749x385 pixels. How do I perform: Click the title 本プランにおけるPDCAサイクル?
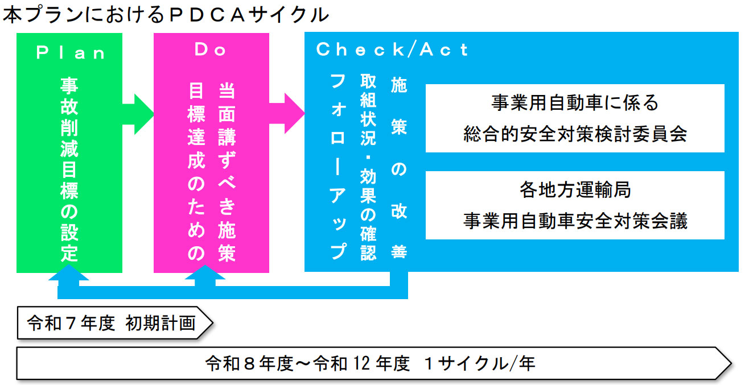pos(166,15)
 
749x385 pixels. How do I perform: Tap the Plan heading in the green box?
pos(71,53)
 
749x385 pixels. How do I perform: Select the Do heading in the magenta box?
pos(211,49)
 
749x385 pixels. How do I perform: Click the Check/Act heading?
pos(392,49)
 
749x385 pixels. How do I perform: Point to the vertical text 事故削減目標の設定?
pos(69,169)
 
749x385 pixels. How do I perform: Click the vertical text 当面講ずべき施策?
pos(227,172)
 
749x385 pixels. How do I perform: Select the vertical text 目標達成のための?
pos(196,172)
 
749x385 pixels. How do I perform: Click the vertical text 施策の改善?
pos(399,168)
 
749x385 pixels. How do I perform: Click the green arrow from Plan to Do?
pos(138,114)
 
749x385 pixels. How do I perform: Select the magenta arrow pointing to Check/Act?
pos(287,114)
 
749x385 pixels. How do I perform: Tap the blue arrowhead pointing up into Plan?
pos(68,272)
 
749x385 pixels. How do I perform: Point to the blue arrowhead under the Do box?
pos(205,272)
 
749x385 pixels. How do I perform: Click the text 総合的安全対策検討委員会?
pos(575,134)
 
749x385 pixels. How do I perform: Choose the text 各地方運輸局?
pos(575,190)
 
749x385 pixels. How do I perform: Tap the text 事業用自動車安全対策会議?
pos(575,221)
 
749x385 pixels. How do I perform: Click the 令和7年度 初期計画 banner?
pos(115,323)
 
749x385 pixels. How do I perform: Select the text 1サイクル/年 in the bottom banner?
pos(479,363)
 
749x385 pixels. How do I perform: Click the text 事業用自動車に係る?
pos(575,102)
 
